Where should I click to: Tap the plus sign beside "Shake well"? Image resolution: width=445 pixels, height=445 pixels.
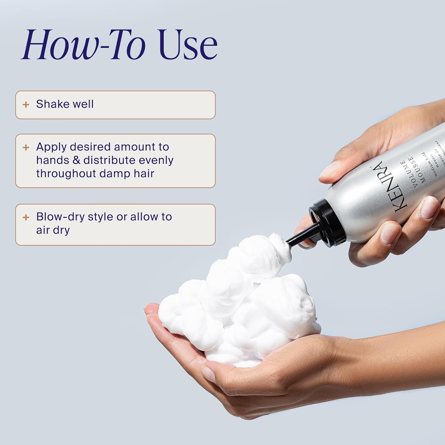(26, 104)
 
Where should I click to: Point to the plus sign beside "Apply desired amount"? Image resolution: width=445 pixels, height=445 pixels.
(26, 147)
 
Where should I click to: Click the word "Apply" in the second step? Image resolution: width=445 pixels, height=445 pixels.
(51, 147)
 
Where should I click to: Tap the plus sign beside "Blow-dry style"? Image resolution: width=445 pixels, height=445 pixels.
(26, 217)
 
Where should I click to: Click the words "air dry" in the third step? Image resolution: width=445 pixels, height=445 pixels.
(53, 230)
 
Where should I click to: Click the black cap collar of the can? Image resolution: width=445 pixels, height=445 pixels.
(325, 223)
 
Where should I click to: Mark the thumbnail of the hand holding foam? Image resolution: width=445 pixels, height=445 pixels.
(209, 372)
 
